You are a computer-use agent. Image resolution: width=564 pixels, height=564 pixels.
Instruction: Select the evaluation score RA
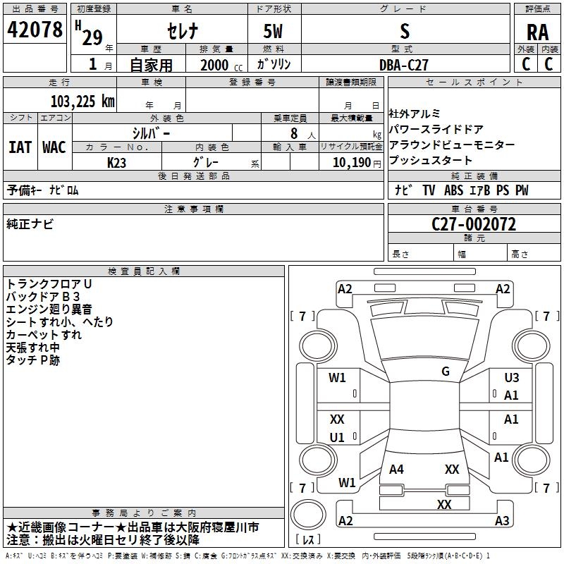537,32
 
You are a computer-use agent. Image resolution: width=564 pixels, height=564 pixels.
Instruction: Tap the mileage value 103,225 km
82,101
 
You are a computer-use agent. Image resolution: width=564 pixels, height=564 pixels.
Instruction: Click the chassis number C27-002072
473,225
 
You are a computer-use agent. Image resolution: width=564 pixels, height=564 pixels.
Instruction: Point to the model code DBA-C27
403,65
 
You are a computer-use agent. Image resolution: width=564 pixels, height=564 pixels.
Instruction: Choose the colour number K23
117,162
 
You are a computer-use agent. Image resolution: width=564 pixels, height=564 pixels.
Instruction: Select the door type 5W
274,32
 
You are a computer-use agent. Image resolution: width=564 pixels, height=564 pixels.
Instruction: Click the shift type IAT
20,147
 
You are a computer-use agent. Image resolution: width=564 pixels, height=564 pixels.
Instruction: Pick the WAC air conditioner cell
54,147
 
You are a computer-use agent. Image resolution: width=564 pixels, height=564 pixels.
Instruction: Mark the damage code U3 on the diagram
511,379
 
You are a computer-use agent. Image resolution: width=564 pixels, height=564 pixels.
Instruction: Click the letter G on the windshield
446,372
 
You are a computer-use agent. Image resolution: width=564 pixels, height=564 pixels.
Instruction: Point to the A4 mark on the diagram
397,469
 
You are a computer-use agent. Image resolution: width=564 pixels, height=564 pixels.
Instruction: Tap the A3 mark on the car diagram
501,521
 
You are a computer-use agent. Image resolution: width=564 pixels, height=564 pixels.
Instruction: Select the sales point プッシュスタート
431,160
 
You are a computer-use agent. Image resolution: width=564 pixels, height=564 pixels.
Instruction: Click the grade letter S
404,32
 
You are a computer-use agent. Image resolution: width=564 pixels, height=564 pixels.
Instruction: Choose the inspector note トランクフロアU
49,283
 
